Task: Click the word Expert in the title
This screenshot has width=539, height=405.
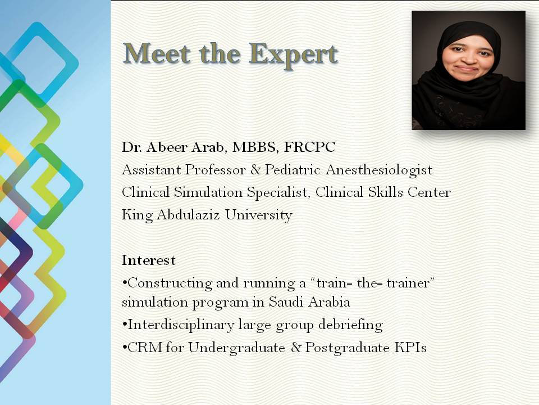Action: (293, 55)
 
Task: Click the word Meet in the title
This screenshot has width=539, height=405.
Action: (157, 53)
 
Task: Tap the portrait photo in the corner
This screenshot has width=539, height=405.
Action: (468, 70)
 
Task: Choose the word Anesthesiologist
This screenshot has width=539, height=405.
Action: (379, 170)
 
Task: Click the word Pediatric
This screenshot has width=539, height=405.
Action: (293, 170)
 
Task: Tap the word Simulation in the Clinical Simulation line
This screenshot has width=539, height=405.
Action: (208, 192)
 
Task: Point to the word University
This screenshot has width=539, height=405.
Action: (258, 215)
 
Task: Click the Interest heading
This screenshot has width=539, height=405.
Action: (148, 260)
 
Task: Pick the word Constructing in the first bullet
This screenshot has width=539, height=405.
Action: (170, 283)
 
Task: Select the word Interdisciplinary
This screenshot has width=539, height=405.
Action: (180, 325)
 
